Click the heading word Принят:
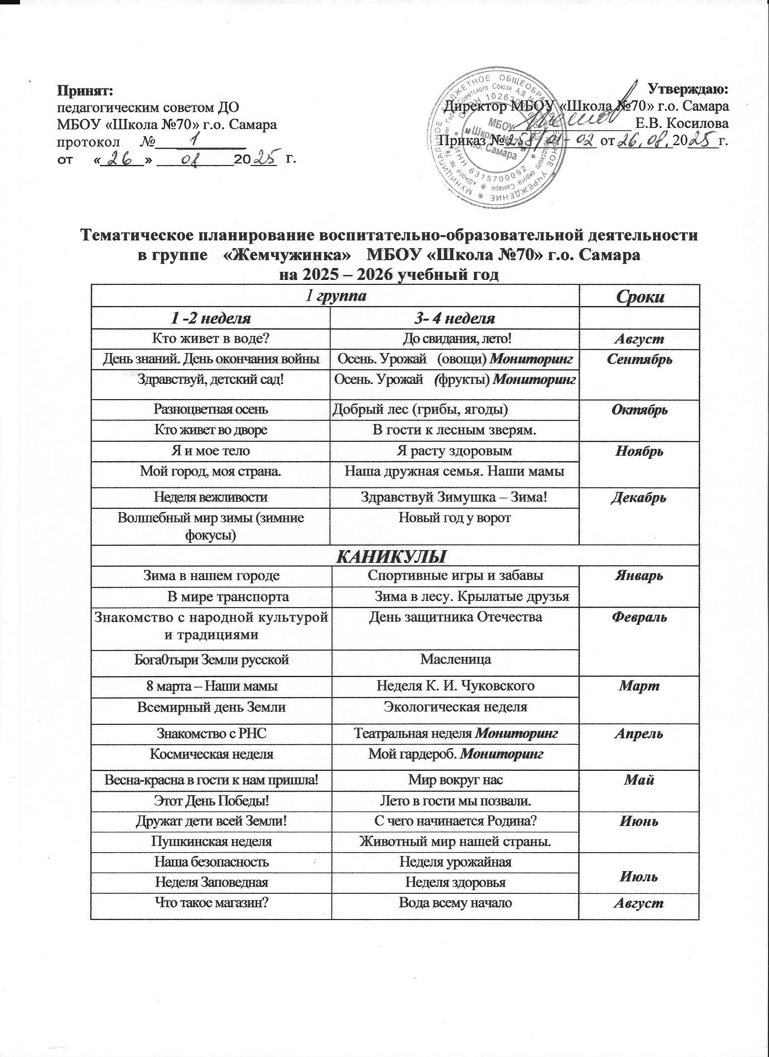coord(85,89)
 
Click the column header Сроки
coord(639,297)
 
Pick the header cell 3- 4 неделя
coord(454,319)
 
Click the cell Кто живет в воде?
coord(211,339)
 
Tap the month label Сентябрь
coord(639,360)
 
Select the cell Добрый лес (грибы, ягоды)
coord(420,410)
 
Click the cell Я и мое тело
coord(211,451)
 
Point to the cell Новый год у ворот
coord(454,517)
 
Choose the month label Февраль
coord(639,618)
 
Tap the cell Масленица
coord(455,660)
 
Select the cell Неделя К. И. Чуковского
coord(455,686)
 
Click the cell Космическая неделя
coord(211,754)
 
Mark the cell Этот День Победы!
coord(211,801)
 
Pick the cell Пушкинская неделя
coord(211,842)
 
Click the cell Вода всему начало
coord(455,903)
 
